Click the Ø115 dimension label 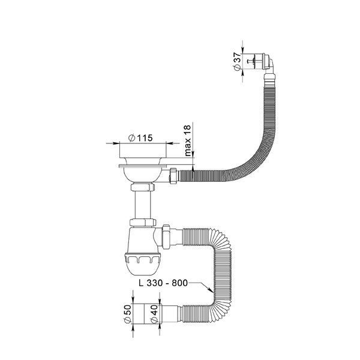pos(141,138)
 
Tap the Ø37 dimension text pos(237,62)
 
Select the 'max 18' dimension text pos(188,141)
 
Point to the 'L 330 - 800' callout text pos(163,283)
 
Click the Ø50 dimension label pos(127,314)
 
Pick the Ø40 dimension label pos(154,314)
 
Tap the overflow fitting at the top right pos(263,61)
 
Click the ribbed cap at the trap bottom pos(142,264)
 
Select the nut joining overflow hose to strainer pos(173,176)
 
